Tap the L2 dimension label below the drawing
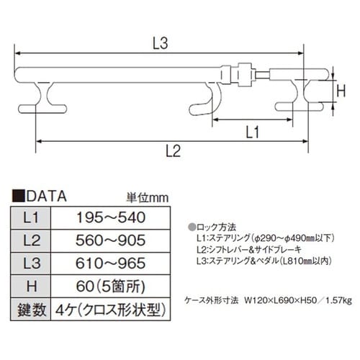coord(171,150)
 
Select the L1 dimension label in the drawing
coord(252,131)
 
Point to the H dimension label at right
coord(343,91)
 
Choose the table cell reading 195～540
coord(111,217)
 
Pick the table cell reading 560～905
coord(111,240)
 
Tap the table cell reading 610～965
coord(111,263)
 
